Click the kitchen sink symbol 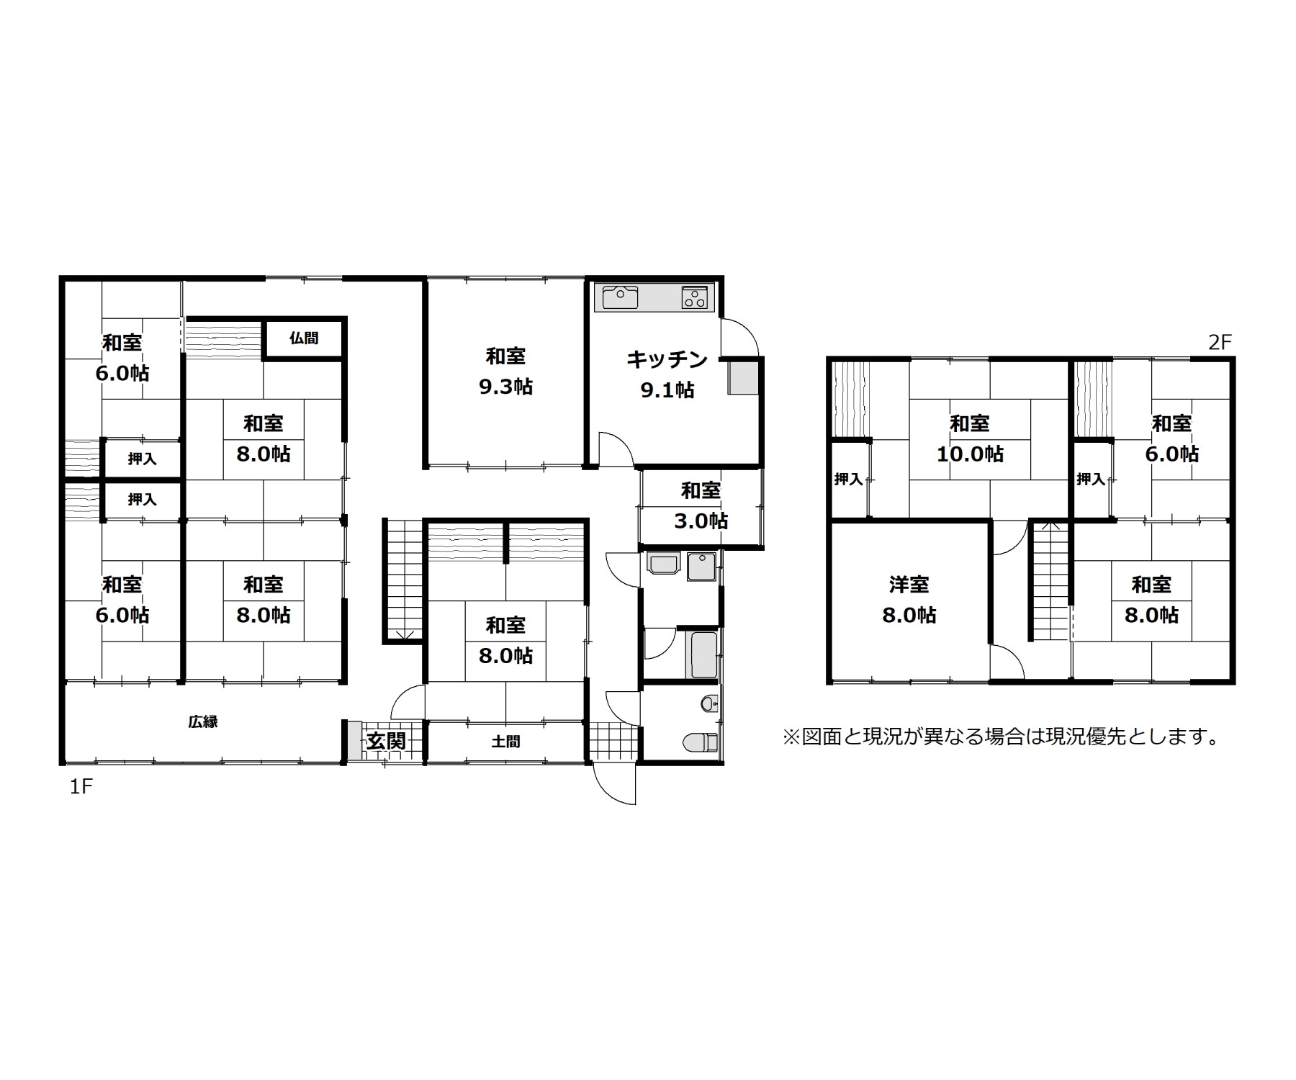[x=620, y=297]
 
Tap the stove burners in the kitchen [x=695, y=297]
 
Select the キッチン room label [x=667, y=359]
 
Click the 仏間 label [x=304, y=338]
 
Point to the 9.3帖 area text [x=505, y=387]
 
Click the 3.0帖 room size [x=701, y=521]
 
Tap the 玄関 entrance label [x=387, y=740]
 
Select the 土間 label [x=505, y=741]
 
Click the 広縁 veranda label [x=203, y=721]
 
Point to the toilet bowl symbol [x=700, y=741]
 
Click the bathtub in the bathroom [x=704, y=654]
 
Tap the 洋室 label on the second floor [x=909, y=585]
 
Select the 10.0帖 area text [x=970, y=454]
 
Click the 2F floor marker [x=1220, y=342]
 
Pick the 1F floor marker [x=81, y=786]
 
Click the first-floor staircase [x=403, y=580]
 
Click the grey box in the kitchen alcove [x=744, y=377]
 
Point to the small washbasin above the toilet [x=709, y=703]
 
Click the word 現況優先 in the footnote [x=1084, y=737]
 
